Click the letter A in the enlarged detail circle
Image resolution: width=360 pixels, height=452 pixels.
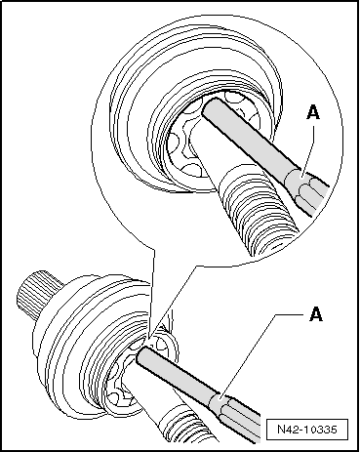click(x=313, y=113)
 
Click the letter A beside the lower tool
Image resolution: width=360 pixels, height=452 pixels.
click(x=316, y=314)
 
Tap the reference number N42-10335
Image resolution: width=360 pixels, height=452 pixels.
click(x=307, y=430)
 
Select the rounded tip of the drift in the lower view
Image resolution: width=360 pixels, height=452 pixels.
click(x=141, y=354)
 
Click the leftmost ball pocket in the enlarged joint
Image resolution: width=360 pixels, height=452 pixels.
click(x=174, y=143)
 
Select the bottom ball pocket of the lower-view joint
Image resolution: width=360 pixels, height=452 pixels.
click(x=118, y=398)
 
